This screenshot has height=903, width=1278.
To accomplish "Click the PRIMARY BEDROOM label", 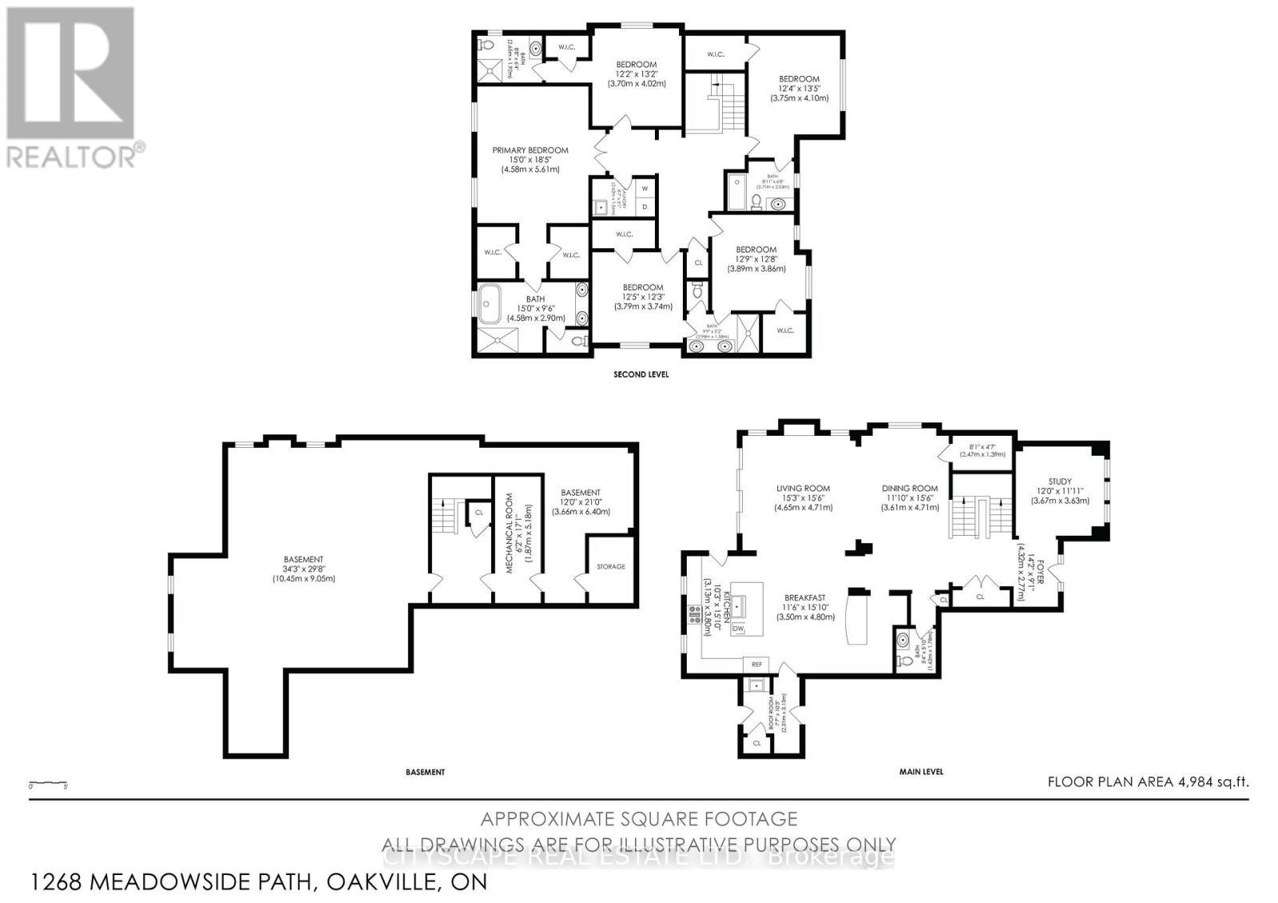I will tap(530, 150).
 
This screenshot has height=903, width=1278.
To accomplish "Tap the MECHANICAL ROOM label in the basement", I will tap(507, 527).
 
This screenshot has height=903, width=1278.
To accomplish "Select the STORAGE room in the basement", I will tap(611, 567).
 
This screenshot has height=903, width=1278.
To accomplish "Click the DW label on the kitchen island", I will tap(738, 629).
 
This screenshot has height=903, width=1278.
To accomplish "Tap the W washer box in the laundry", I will tap(645, 188).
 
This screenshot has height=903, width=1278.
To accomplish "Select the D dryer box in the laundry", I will tap(645, 207).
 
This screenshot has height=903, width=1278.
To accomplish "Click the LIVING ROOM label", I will tap(803, 489).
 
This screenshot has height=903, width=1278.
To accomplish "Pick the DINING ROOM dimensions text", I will tap(909, 498).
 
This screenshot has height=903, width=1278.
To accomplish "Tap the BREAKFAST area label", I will tap(804, 597).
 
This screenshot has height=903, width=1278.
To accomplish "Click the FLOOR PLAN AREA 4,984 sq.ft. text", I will tap(1147, 782).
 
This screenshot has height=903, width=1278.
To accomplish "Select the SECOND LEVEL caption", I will tap(641, 374).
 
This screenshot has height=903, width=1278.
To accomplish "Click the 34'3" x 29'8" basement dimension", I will tap(303, 569).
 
